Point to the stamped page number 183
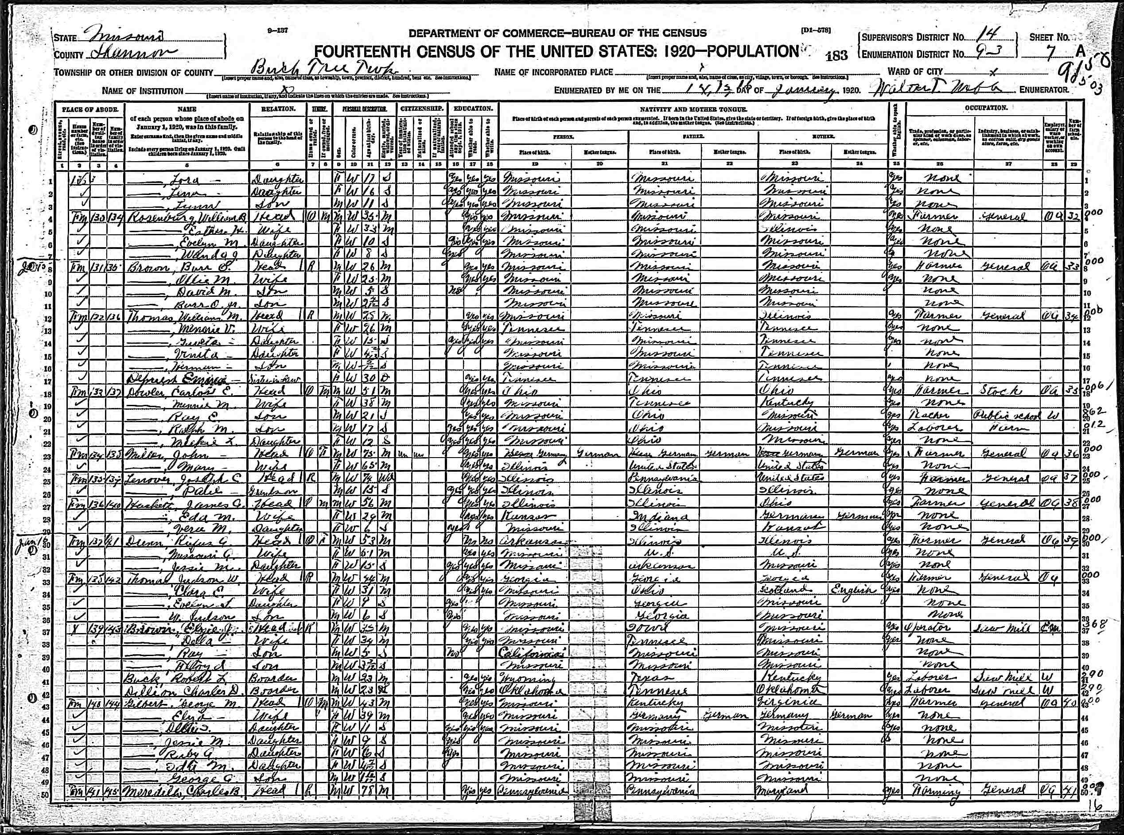836,55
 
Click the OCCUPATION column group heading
985,108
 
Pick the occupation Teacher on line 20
932,416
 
